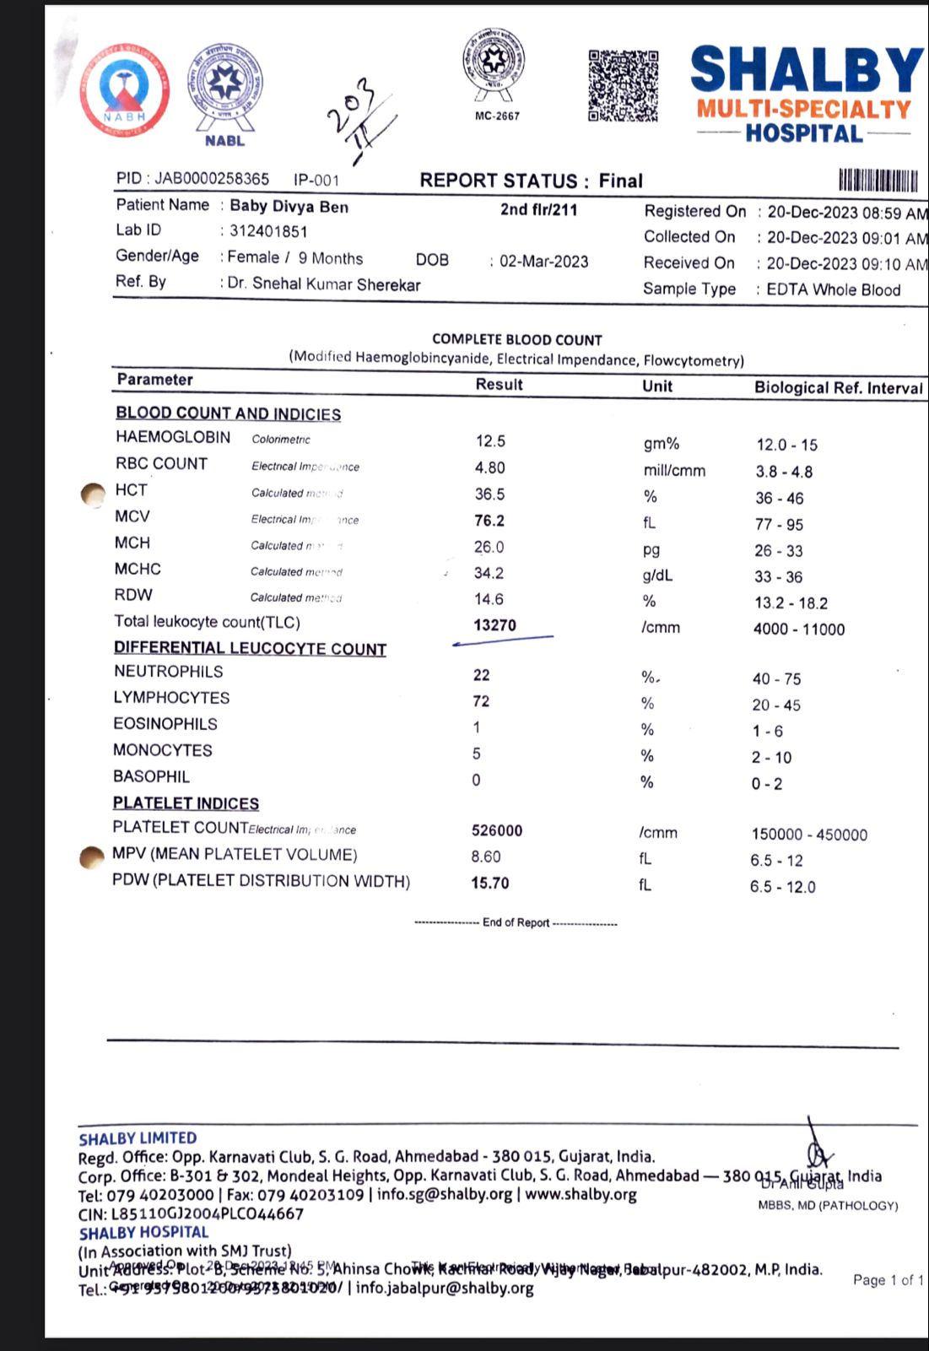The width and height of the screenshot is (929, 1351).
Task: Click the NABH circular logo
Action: (x=125, y=90)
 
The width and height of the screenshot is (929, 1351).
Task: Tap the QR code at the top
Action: (x=623, y=85)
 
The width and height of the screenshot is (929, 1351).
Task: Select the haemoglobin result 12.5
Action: (x=490, y=441)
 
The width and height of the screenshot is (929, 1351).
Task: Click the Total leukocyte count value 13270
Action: (x=495, y=625)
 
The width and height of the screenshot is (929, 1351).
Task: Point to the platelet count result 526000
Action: (x=497, y=830)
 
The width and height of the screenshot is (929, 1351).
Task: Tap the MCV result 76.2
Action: (x=489, y=521)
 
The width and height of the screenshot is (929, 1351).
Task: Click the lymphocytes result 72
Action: (x=481, y=701)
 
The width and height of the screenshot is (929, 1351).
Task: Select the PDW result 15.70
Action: (x=490, y=884)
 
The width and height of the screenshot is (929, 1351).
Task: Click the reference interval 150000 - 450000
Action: (x=809, y=835)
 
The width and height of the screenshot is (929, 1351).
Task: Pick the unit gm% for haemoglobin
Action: (x=661, y=444)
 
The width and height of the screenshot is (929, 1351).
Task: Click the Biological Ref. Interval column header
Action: (x=838, y=388)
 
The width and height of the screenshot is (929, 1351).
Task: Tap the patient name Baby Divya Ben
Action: (x=289, y=207)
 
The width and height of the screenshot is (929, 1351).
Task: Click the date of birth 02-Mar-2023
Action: (x=543, y=261)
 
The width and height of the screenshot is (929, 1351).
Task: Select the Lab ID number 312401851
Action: (x=268, y=231)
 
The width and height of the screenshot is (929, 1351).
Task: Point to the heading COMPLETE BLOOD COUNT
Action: (x=517, y=339)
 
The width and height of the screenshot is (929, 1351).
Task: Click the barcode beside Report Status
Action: (x=878, y=181)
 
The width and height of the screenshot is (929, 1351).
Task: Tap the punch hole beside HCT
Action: (x=92, y=494)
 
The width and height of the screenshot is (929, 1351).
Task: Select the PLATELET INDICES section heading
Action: (x=186, y=803)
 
